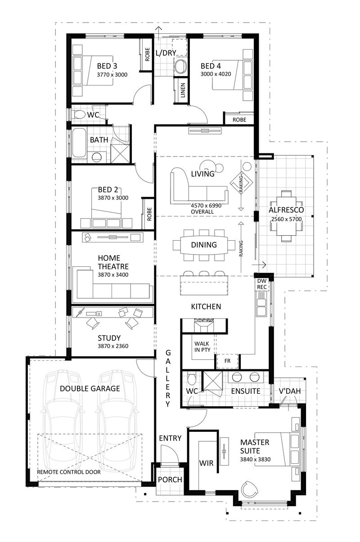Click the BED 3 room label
tap(107, 66)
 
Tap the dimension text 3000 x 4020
tap(216, 74)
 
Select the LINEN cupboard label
tap(182, 90)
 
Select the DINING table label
tap(204, 245)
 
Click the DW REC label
tap(262, 284)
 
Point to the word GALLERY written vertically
tap(168, 378)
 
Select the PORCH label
tap(170, 480)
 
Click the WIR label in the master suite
tap(207, 463)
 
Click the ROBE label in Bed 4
tap(239, 120)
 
